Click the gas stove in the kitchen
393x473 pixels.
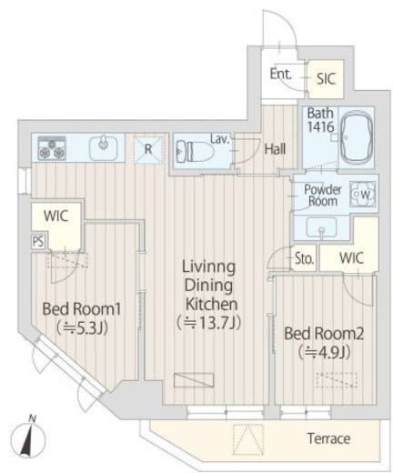[52, 148]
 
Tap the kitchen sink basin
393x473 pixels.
[104, 148]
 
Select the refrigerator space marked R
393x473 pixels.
[148, 150]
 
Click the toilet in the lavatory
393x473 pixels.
[194, 151]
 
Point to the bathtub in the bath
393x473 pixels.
[357, 136]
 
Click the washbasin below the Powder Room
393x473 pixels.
[321, 227]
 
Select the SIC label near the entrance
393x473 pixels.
[327, 79]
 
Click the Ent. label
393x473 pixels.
[280, 74]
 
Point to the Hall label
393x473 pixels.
[275, 149]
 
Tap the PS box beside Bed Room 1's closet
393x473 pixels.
[38, 242]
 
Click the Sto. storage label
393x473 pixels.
[304, 258]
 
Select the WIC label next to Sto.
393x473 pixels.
[351, 258]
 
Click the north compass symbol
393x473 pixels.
[28, 438]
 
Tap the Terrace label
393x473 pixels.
[328, 438]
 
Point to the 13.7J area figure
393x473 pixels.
[209, 323]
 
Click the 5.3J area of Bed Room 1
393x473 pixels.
[82, 327]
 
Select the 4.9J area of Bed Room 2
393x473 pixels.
[324, 352]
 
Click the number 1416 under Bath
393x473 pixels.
[320, 126]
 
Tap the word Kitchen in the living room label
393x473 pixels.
[211, 304]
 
